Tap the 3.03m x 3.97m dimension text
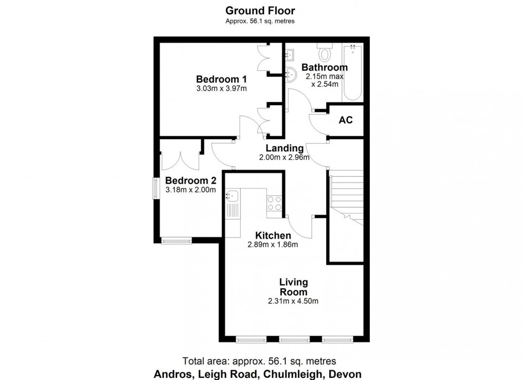tap(221, 89)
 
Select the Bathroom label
tap(324, 67)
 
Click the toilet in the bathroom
tap(324, 54)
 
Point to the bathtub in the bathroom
tap(353, 73)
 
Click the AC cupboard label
tap(346, 120)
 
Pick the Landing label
tap(285, 148)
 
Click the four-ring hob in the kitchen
tap(274, 203)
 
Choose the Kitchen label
tap(273, 235)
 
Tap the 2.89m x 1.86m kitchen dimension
tap(273, 245)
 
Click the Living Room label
tap(294, 287)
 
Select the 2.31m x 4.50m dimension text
tap(294, 301)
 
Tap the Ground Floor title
tap(260, 10)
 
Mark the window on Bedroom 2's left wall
tap(156, 187)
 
